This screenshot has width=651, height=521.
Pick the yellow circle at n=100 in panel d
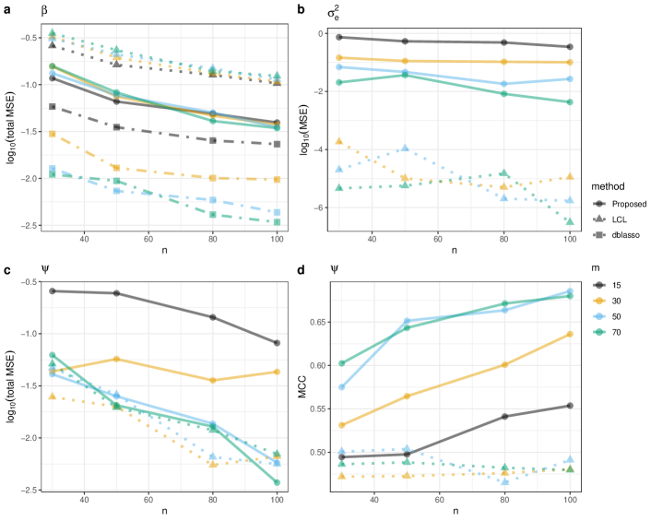tap(571, 334)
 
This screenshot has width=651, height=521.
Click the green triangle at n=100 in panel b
tap(571, 221)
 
